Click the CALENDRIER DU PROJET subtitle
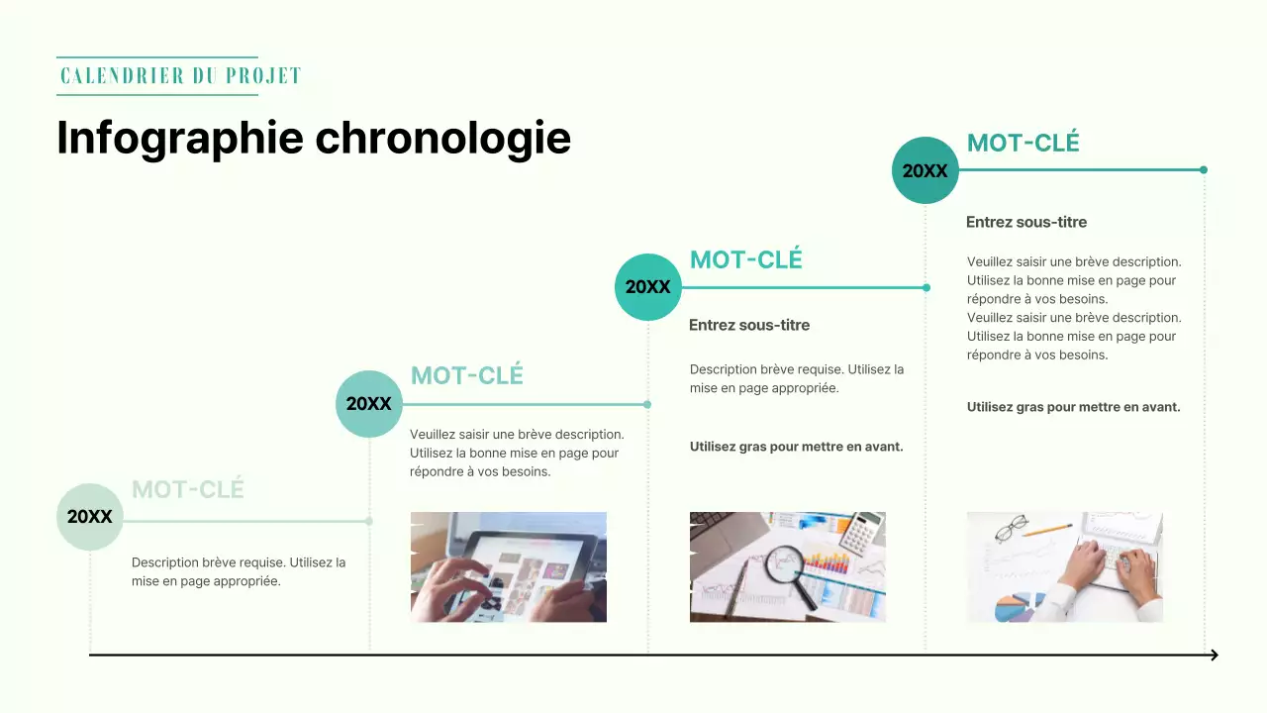tap(180, 76)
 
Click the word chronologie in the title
tap(442, 138)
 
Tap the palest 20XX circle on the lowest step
tap(90, 517)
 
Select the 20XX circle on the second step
tap(369, 404)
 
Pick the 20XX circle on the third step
tap(648, 287)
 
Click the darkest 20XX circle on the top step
tap(926, 170)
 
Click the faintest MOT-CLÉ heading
tap(187, 489)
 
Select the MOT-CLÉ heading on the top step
tap(1023, 143)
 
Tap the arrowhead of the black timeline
tap(1213, 655)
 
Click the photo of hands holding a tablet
tap(508, 566)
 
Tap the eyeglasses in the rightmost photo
tap(1011, 529)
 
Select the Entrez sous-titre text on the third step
tap(749, 325)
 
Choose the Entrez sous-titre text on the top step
tap(1026, 222)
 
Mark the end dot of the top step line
tap(1204, 170)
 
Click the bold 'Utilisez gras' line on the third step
tap(796, 447)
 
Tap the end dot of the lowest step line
tap(369, 521)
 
